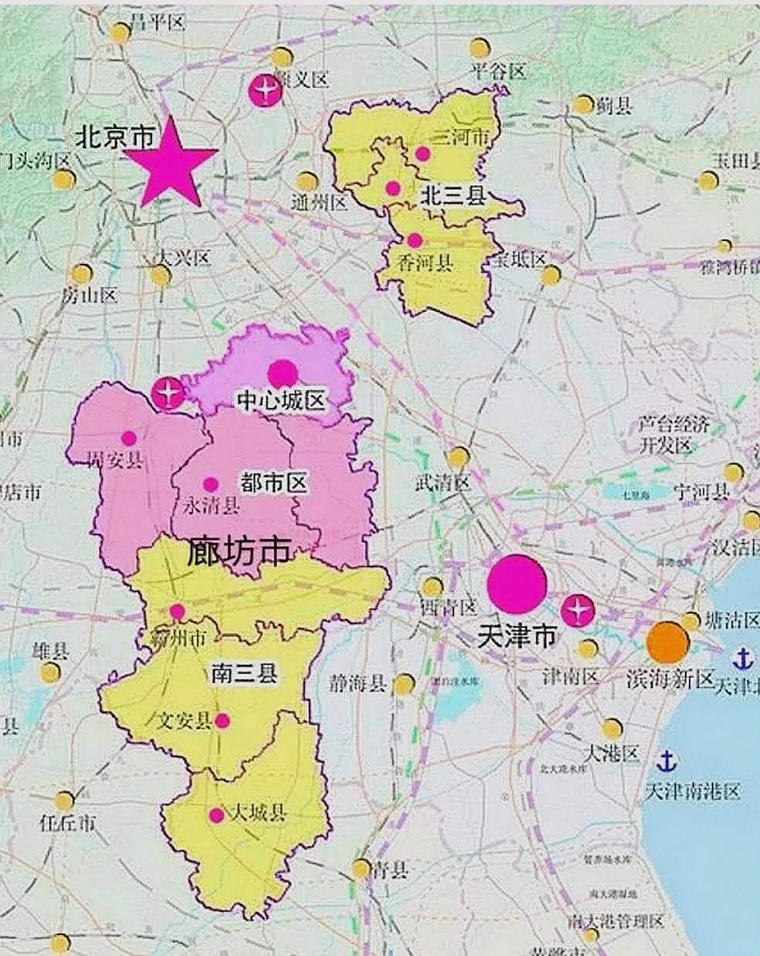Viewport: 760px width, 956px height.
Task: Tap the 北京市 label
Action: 114,137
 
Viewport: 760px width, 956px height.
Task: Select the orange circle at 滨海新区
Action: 667,642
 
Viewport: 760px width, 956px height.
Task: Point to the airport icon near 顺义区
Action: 264,90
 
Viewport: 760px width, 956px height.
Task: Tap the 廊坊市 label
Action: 239,551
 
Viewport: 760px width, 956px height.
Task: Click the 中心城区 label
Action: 282,400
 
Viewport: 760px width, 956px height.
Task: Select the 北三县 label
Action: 453,196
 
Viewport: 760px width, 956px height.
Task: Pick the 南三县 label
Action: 244,674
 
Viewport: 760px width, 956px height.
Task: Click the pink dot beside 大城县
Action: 216,815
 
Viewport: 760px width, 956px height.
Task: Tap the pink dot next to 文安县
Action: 222,720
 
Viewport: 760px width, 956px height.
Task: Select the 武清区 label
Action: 443,483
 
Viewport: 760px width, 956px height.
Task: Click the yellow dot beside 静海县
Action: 405,683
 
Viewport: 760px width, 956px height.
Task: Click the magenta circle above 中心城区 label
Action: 283,373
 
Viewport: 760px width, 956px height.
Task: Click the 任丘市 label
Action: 68,823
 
